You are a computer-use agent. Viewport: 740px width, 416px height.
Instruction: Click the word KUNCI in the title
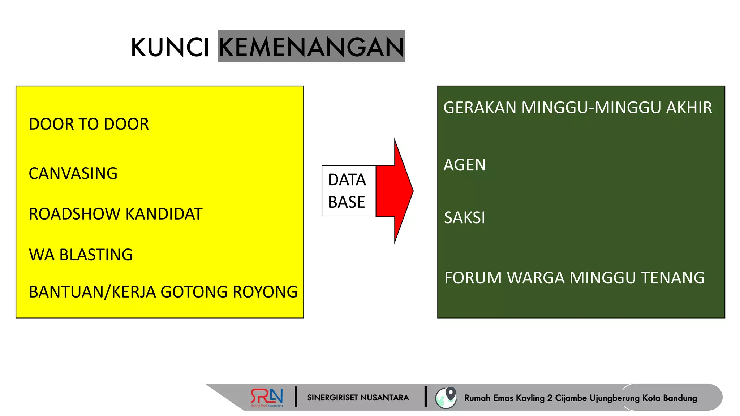[x=170, y=47]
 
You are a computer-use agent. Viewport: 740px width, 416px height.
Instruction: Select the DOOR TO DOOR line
[x=89, y=124]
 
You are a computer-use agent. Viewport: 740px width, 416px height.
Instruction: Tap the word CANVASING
[x=73, y=174]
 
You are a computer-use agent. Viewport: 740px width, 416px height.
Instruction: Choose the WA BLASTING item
[x=81, y=255]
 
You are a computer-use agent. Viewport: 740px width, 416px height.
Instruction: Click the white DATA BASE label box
[x=348, y=191]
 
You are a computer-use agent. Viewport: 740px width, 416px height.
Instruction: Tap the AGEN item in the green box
[x=465, y=165]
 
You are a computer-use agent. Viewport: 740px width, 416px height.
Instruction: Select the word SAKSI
[x=465, y=218]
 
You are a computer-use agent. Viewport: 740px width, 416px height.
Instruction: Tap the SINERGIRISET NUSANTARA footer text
[x=358, y=398]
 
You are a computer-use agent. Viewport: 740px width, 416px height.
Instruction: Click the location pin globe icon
[x=446, y=398]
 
